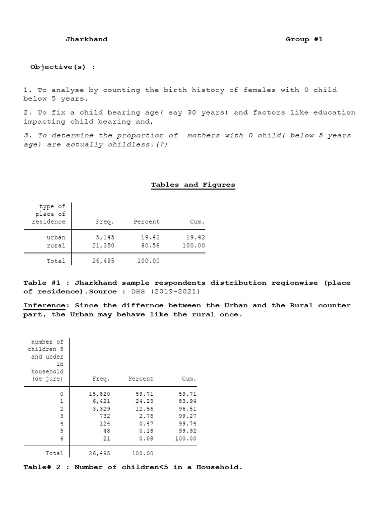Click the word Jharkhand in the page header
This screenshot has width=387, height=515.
(86, 39)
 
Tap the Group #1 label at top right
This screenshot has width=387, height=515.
(304, 39)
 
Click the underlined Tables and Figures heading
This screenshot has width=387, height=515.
(193, 185)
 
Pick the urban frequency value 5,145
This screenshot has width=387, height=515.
(105, 237)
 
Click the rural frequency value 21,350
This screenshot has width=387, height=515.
(103, 245)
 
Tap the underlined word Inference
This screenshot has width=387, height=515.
(44, 305)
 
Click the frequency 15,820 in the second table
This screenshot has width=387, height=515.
(100, 393)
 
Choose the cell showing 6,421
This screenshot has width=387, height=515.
(101, 401)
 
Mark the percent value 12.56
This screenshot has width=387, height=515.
(145, 408)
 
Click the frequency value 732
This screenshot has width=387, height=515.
(105, 416)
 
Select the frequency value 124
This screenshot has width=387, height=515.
(105, 423)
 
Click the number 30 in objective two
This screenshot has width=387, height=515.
(191, 113)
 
